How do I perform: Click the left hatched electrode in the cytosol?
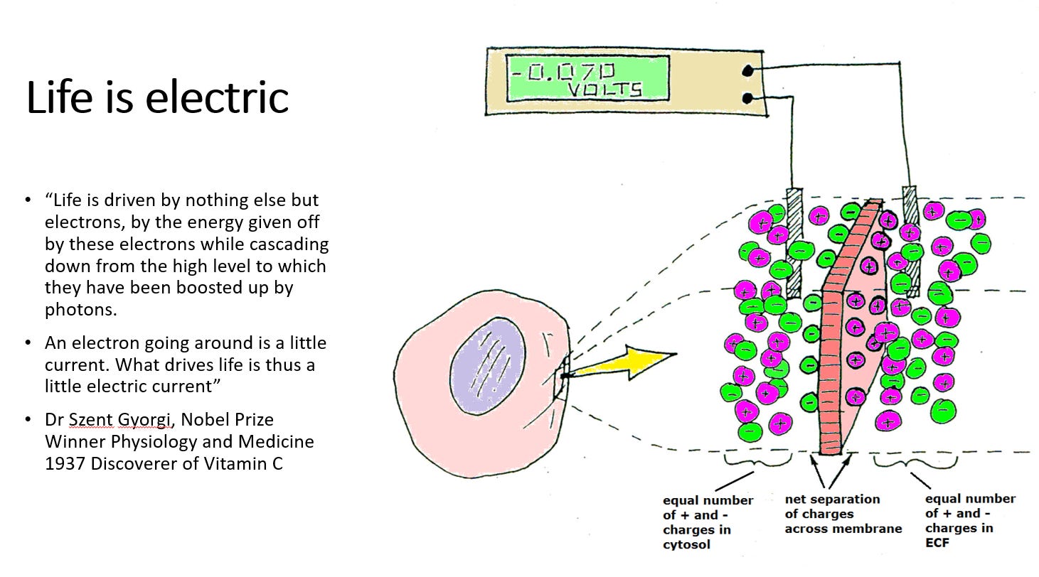click(x=796, y=242)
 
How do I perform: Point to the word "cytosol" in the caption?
click(x=686, y=545)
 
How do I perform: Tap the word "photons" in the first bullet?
click(x=77, y=310)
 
